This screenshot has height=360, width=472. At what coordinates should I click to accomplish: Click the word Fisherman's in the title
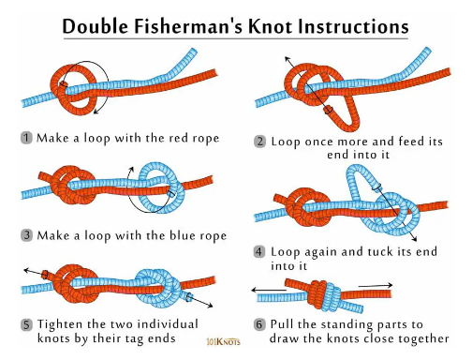click(188, 26)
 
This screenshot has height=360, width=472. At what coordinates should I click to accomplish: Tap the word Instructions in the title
click(353, 26)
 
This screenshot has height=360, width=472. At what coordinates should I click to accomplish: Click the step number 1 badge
click(26, 138)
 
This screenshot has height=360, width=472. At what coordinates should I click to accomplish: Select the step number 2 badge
click(259, 142)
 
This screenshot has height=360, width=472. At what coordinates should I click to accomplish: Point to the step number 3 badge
click(27, 235)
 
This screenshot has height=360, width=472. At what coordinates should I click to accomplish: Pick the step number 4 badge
click(259, 252)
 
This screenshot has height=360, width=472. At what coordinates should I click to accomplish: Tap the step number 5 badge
click(26, 324)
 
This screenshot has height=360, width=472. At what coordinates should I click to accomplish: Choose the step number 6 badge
click(259, 324)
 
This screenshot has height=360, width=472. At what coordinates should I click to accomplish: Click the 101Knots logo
click(223, 341)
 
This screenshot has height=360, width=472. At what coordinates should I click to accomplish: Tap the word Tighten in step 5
click(61, 324)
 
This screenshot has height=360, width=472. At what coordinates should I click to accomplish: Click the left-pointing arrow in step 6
click(269, 291)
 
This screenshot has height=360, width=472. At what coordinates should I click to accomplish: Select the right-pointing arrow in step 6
click(376, 285)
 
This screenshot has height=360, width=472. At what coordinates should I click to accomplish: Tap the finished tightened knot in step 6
click(324, 295)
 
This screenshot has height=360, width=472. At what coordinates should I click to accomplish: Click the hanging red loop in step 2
click(347, 114)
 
